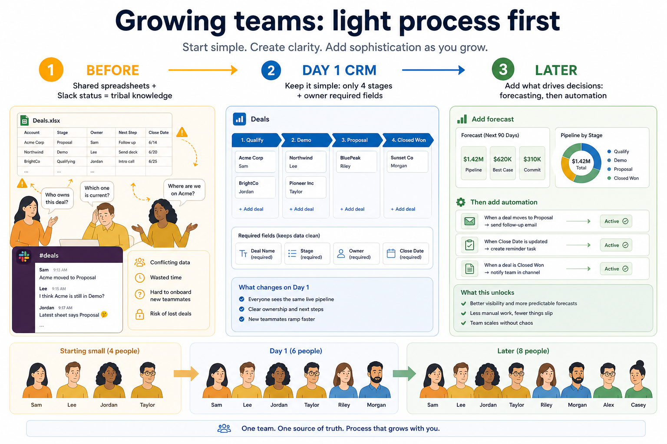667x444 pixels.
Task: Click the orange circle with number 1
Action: click(x=51, y=69)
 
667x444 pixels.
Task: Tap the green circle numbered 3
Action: click(x=503, y=69)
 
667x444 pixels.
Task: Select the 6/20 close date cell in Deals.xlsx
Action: click(x=153, y=152)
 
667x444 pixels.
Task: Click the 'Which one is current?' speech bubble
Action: click(x=97, y=192)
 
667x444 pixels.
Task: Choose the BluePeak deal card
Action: click(x=357, y=162)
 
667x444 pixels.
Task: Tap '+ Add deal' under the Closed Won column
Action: click(x=403, y=209)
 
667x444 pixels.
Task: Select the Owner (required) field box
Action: click(x=357, y=254)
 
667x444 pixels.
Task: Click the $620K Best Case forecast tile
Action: click(x=502, y=163)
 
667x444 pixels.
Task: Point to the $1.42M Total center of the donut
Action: click(x=581, y=163)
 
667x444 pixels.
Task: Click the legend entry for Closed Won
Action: click(x=623, y=178)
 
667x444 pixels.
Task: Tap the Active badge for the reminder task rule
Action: click(x=616, y=245)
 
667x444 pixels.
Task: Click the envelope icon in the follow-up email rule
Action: click(x=469, y=221)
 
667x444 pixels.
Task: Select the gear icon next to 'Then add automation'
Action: click(x=461, y=202)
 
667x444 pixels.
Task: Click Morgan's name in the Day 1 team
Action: click(x=376, y=405)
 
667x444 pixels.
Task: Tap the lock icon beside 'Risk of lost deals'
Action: click(x=140, y=314)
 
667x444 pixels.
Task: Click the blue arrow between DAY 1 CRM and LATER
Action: click(x=433, y=70)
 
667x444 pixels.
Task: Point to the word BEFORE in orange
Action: click(x=112, y=71)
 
